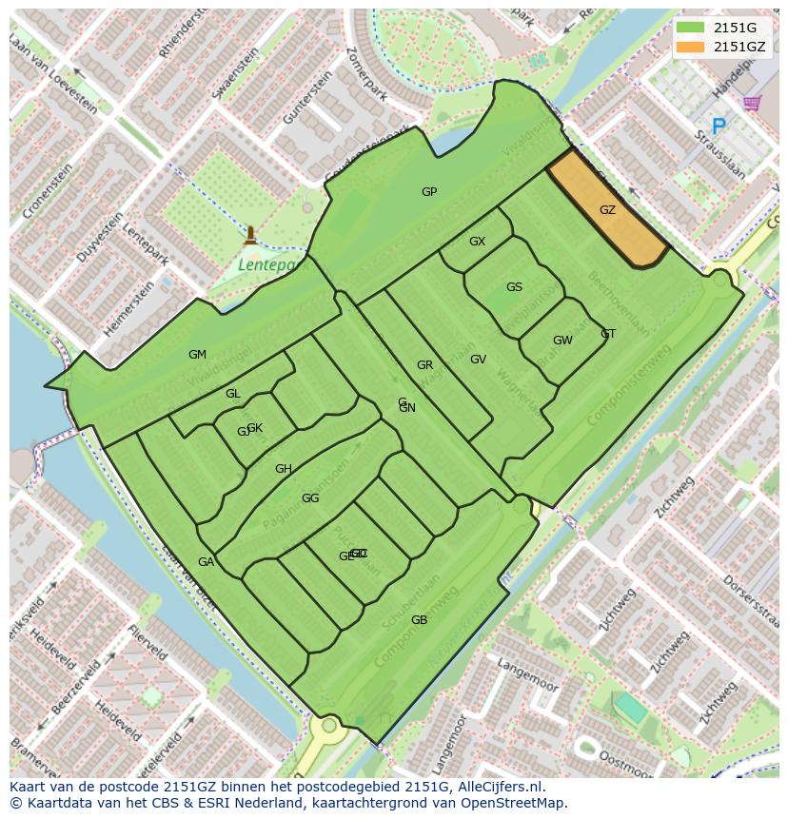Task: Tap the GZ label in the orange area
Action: coord(607,210)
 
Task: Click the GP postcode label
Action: coord(429,192)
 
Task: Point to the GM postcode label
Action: coord(197,355)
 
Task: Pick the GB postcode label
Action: coord(419,620)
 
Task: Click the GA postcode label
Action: coord(206,562)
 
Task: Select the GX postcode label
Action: coord(477,242)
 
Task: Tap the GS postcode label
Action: coord(514,287)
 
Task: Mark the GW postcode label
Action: coord(562,341)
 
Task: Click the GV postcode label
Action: coord(478,360)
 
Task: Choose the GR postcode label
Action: coord(424,365)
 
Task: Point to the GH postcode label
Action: coord(284,469)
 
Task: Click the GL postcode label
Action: coord(233,394)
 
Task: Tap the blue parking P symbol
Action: coord(719,126)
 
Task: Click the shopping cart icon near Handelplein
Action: coord(752,102)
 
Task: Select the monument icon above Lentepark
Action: coord(250,234)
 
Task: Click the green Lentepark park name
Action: coord(266,264)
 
